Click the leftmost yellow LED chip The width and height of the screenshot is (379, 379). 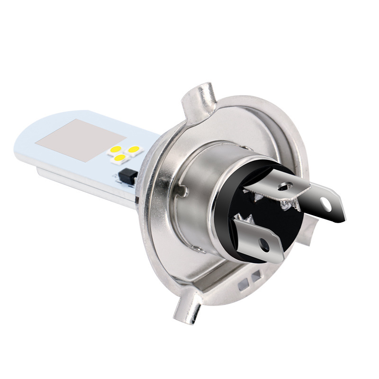115,151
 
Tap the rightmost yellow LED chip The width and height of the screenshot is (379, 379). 134,150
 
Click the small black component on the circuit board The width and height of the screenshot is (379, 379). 128,176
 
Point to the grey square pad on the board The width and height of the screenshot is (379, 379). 81,140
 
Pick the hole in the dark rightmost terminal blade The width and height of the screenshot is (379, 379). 325,203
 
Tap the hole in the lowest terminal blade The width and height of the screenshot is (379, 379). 264,245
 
